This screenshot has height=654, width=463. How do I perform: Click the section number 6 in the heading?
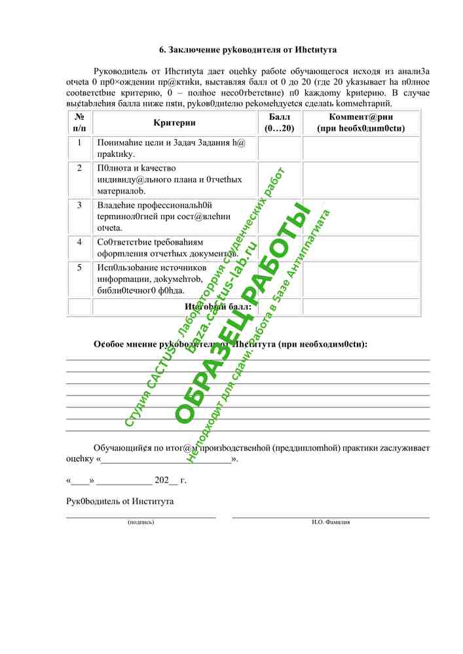tap(162, 50)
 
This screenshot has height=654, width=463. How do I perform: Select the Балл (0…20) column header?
tap(280, 123)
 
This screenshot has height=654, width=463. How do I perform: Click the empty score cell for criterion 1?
tap(280, 148)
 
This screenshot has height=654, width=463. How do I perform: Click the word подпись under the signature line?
tap(141, 522)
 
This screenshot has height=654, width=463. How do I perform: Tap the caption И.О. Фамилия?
tap(331, 522)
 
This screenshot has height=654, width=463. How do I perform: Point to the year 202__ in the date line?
tap(166, 480)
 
